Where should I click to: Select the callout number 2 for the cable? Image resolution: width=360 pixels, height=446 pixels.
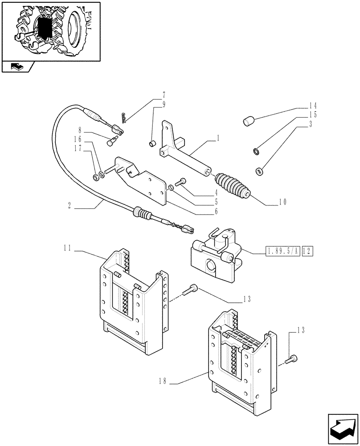(70, 206)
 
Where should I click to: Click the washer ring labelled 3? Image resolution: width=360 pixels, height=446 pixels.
(259, 171)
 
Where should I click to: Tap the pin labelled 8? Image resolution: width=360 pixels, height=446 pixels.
(111, 142)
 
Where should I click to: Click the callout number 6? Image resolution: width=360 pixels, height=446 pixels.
(215, 211)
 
